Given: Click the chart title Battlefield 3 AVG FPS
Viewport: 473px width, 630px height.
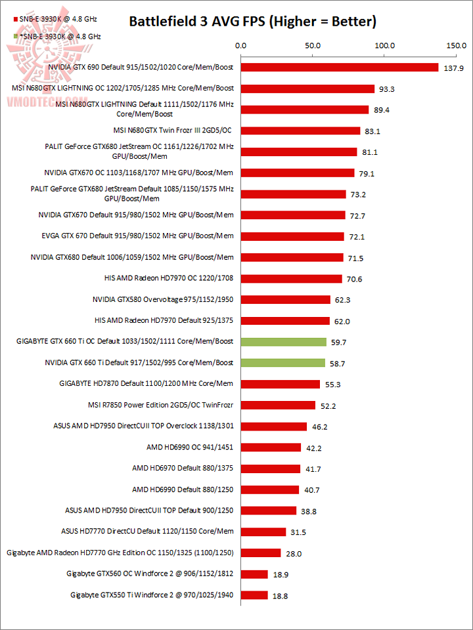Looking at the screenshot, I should pyautogui.click(x=252, y=22).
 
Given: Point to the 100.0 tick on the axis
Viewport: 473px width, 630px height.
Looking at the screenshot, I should pyautogui.click(x=384, y=46).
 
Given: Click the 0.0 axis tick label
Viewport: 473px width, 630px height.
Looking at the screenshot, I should pyautogui.click(x=241, y=46).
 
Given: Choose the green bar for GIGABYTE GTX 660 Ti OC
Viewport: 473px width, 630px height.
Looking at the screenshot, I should pyautogui.click(x=284, y=342).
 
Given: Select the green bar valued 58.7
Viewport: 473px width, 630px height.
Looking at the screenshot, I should pyautogui.click(x=283, y=363).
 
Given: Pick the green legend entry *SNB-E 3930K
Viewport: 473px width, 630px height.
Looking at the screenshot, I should pyautogui.click(x=56, y=37).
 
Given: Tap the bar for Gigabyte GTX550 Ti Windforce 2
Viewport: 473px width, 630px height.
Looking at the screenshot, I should pyautogui.click(x=254, y=595).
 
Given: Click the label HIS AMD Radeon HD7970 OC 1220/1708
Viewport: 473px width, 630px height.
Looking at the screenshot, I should pyautogui.click(x=168, y=278).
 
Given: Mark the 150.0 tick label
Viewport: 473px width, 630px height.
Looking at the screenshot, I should pyautogui.click(x=455, y=46).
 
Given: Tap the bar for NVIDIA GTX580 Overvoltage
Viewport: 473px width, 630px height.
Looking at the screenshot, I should pyautogui.click(x=286, y=300).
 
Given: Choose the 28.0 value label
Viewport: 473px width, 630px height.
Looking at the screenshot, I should pyautogui.click(x=293, y=553).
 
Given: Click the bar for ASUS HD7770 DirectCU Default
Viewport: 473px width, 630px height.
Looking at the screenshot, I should pyautogui.click(x=263, y=532).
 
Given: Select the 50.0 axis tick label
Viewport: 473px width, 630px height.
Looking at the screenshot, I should pyautogui.click(x=313, y=46).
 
